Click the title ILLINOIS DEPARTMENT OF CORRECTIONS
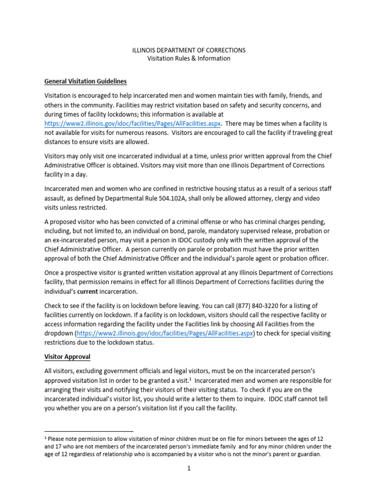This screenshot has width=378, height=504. (189, 50)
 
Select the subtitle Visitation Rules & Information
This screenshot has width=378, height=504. (189, 59)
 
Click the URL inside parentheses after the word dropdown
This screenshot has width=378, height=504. (165, 333)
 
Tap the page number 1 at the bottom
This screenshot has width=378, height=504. (189, 469)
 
